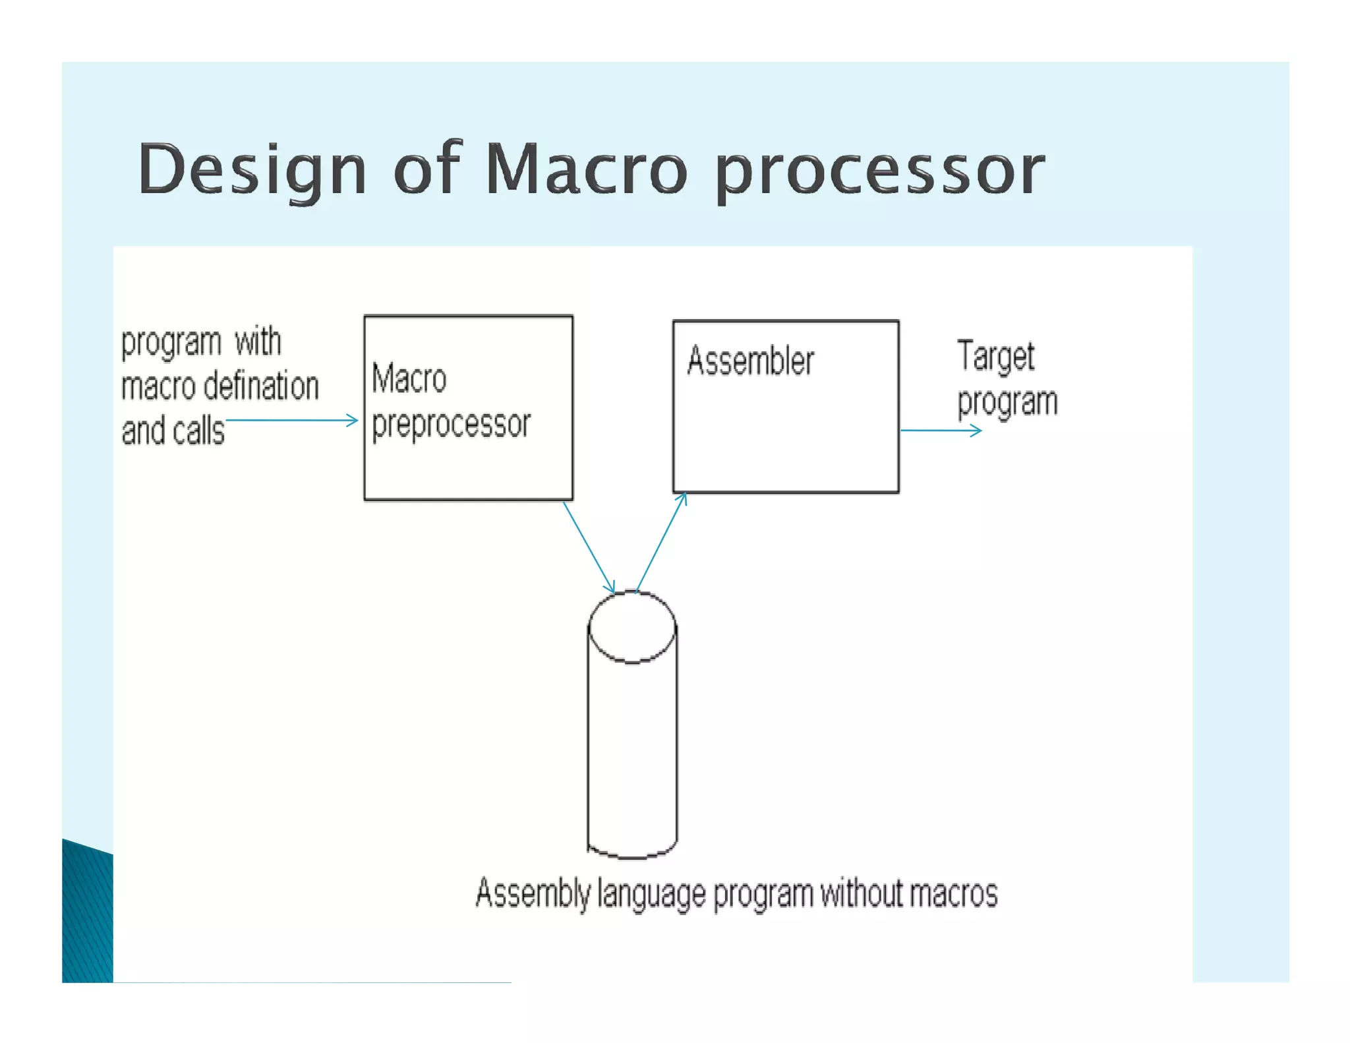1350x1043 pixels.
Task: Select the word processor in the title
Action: (880, 170)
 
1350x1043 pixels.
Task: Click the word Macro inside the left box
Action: (409, 378)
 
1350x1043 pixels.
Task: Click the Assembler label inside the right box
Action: (750, 361)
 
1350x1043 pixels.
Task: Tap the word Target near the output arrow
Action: (995, 357)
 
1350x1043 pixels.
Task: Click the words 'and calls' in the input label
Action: (173, 431)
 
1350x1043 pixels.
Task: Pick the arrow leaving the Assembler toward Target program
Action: (941, 431)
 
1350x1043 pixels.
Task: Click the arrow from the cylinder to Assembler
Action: (660, 543)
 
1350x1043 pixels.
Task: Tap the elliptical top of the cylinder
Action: (632, 626)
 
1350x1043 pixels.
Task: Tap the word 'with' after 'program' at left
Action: (258, 342)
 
